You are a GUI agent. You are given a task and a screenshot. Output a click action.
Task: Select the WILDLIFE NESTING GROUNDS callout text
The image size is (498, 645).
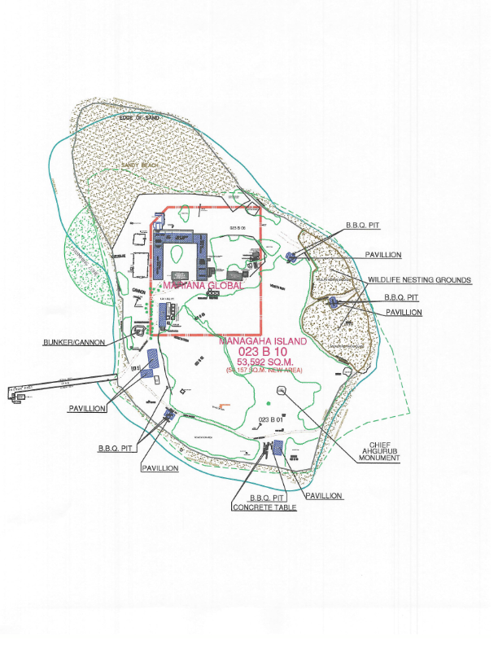pos(419,280)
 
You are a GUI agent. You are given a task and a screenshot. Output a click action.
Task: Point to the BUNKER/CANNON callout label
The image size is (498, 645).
pos(74,342)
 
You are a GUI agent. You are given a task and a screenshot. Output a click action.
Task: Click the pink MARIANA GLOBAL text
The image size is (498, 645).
pos(203,287)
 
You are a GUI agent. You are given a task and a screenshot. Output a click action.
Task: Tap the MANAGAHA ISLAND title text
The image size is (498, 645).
pos(264,342)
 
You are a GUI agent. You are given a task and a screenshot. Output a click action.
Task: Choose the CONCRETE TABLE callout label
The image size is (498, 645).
pos(264,507)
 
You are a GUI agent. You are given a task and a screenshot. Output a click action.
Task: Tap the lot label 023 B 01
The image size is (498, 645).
pos(269,419)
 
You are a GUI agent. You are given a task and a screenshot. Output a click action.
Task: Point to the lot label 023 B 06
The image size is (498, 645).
pos(238,227)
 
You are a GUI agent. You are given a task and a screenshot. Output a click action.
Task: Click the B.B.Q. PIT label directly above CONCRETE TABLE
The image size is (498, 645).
pos(266,497)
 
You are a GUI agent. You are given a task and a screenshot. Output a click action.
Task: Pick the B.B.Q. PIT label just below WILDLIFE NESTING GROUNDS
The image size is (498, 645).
pos(401,298)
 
